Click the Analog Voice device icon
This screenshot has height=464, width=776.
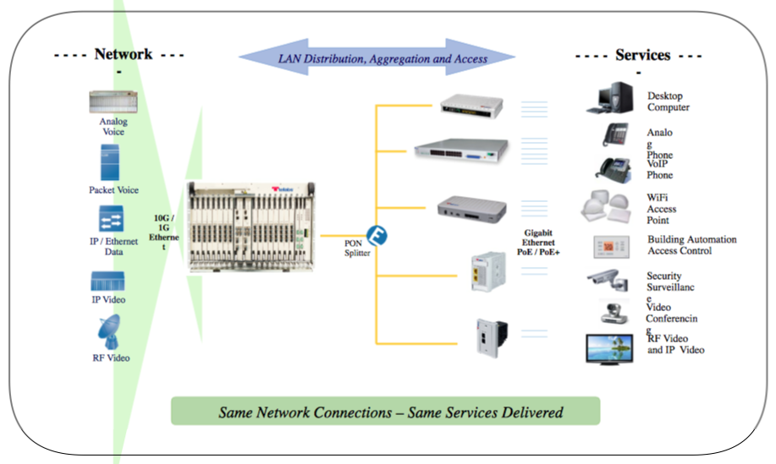point(113,103)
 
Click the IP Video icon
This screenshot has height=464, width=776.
point(108,281)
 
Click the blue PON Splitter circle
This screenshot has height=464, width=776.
point(377,233)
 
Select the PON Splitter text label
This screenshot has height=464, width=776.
point(355,248)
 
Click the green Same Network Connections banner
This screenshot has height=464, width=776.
point(385,412)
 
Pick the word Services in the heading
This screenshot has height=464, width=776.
point(643,55)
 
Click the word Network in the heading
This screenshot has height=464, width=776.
point(123,54)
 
